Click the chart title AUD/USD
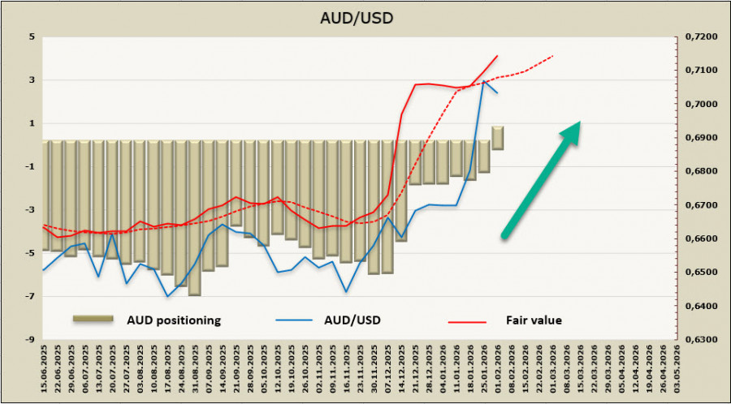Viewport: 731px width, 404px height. (365, 19)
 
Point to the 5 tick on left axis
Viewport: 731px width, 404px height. (32, 37)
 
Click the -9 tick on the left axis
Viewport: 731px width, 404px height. (30, 340)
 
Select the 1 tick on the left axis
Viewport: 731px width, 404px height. (32, 123)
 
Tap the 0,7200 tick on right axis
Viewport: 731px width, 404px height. (700, 37)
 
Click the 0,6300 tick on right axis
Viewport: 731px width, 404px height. (700, 340)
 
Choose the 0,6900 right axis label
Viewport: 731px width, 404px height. (700, 138)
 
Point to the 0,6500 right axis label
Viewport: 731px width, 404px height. (700, 273)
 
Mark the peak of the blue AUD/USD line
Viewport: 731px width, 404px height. (485, 80)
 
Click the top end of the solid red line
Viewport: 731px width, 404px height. (497, 56)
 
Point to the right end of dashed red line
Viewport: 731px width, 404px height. (553, 56)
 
